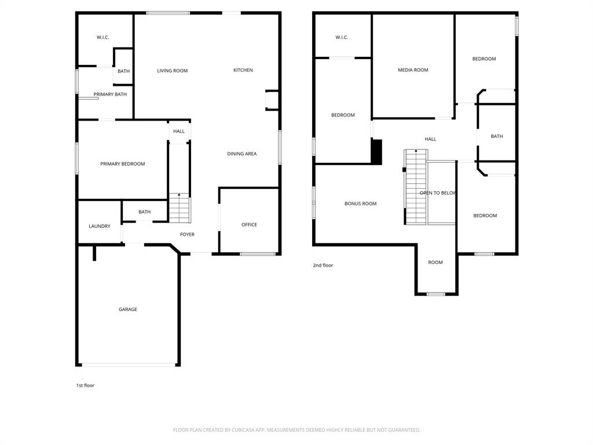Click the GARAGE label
(128, 309)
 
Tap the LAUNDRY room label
(100, 226)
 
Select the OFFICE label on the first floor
(249, 225)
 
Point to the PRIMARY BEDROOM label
(123, 164)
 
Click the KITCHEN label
(243, 70)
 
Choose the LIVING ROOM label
(173, 71)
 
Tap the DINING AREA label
(242, 154)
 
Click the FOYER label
(187, 235)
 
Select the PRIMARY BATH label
(110, 94)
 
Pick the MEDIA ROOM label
(413, 70)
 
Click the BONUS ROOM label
(360, 203)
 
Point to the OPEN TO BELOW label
(438, 193)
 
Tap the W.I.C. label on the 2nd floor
(342, 38)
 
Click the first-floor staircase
(179, 209)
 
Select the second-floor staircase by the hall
(416, 187)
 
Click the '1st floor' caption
(85, 385)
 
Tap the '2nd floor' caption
(323, 265)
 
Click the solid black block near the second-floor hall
(376, 152)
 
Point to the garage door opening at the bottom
(128, 364)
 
